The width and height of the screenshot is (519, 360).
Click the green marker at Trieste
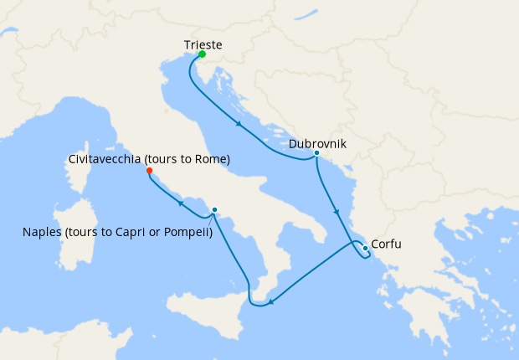(x=202, y=54)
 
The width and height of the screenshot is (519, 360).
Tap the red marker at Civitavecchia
(x=150, y=171)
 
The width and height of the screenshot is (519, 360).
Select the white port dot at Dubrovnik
(x=316, y=153)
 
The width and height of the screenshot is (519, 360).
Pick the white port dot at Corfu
(x=365, y=247)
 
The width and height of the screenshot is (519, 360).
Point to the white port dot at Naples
(x=215, y=209)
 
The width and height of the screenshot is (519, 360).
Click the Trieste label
(x=202, y=44)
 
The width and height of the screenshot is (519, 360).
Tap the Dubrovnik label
(x=317, y=144)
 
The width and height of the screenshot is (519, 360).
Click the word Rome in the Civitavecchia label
(x=211, y=158)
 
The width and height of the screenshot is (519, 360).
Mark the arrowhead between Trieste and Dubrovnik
(x=239, y=126)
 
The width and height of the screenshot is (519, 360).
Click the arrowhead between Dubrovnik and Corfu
(x=337, y=211)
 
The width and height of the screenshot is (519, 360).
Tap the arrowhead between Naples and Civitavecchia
(x=179, y=202)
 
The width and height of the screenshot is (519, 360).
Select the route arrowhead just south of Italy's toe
(x=273, y=302)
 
